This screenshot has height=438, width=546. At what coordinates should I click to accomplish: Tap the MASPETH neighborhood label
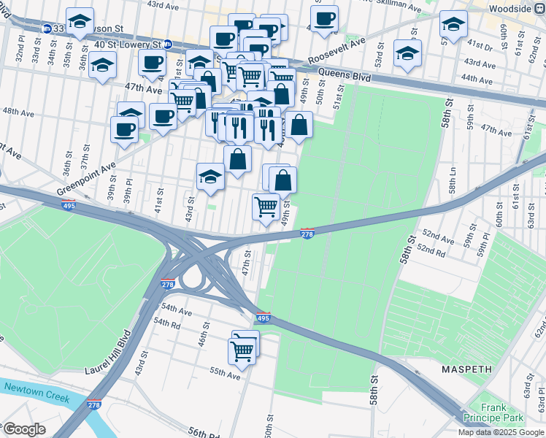[466, 369]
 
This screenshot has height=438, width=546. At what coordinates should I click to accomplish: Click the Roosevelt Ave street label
[336, 53]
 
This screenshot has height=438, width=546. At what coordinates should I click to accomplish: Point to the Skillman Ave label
[397, 8]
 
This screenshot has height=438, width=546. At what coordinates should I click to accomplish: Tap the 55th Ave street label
[225, 374]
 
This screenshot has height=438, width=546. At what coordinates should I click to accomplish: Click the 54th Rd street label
[167, 323]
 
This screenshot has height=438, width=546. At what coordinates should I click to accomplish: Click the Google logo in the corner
[24, 429]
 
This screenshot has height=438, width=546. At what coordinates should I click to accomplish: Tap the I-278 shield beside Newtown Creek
[93, 404]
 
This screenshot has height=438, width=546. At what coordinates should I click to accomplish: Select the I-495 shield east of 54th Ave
[264, 318]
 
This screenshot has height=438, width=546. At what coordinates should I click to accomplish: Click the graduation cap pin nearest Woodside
[453, 25]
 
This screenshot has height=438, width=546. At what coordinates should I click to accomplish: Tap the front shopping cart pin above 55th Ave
[242, 351]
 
